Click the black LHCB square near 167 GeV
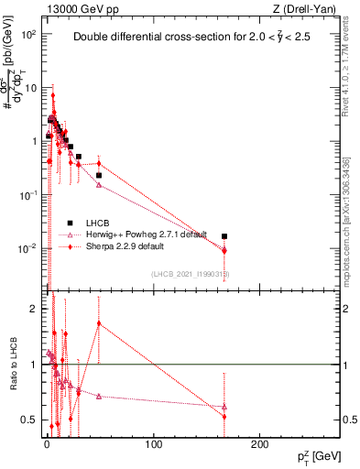pos(224,236)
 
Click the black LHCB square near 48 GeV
pos(99,175)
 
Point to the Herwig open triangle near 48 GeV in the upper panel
pos(99,185)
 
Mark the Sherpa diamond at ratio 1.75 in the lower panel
pos(99,322)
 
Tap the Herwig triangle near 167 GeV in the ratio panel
pos(224,407)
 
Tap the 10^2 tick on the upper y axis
pos(31,34)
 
